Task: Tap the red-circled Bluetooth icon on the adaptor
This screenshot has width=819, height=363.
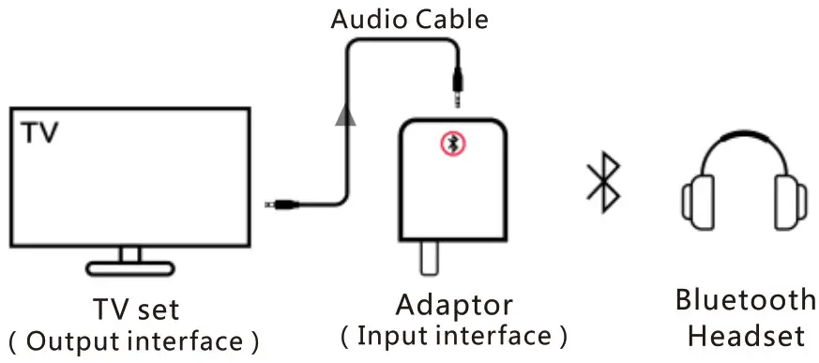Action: (x=455, y=144)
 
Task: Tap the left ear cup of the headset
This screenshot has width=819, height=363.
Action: (x=697, y=199)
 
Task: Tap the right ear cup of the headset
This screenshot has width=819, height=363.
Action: (x=791, y=199)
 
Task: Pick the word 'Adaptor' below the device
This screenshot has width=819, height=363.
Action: (x=454, y=305)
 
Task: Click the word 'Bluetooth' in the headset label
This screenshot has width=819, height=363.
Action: (x=746, y=300)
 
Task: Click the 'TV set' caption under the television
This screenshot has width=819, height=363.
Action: (x=135, y=308)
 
